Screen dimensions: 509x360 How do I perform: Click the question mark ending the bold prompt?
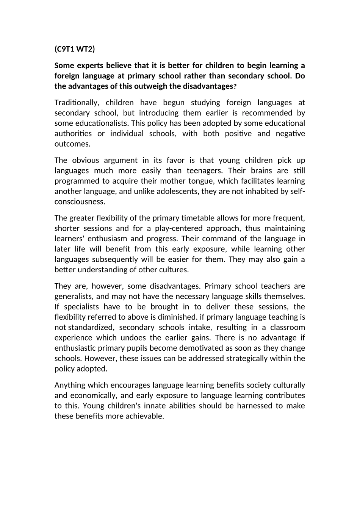pos(235,86)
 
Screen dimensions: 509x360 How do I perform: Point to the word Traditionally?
pos(77,103)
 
